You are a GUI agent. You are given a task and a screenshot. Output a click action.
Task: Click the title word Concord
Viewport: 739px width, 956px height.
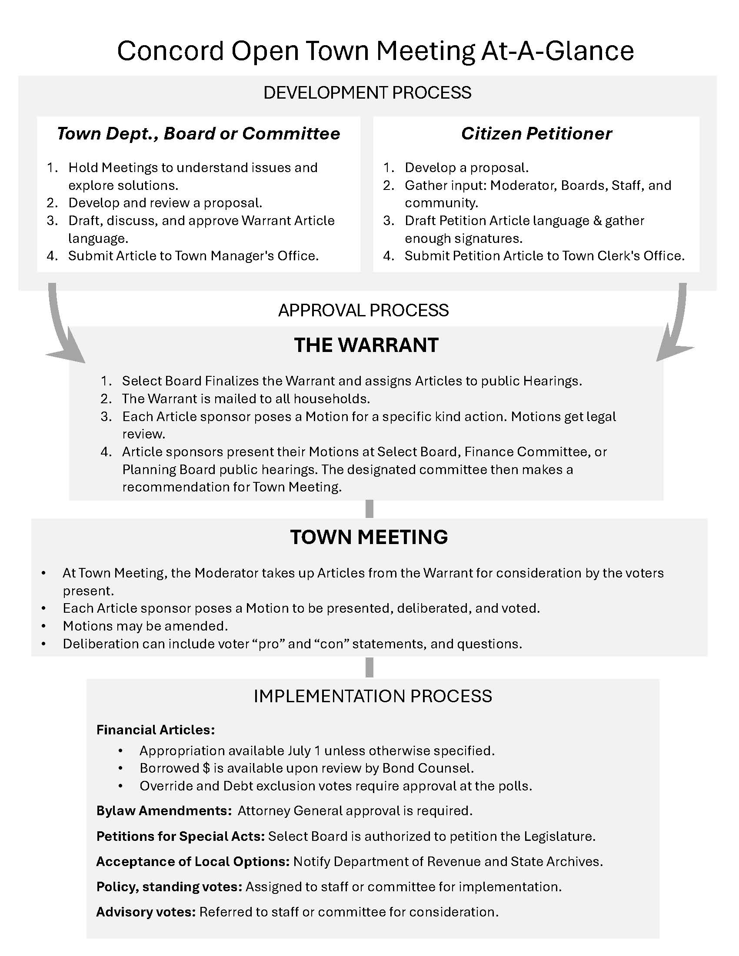point(170,51)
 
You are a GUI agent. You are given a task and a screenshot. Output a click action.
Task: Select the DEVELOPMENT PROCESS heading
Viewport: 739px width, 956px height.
point(367,93)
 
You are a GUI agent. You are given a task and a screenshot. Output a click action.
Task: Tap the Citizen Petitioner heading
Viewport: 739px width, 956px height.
point(536,133)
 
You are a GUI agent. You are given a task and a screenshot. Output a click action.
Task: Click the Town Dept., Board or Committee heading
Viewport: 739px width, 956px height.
point(198,133)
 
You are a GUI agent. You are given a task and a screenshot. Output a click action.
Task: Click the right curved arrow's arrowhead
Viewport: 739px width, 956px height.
point(672,350)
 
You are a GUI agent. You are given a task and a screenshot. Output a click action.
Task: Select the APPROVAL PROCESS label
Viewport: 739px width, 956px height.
point(363,310)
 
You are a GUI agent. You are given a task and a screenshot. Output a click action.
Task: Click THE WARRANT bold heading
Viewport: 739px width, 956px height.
point(366,345)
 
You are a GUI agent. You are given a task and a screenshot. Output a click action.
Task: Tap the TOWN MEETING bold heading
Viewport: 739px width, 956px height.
point(369,537)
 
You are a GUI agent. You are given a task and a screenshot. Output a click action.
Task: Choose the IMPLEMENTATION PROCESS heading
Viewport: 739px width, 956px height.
point(373,696)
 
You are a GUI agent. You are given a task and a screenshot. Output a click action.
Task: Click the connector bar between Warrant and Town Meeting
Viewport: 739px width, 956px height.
point(369,509)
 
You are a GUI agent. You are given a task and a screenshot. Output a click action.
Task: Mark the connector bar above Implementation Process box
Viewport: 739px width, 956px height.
point(369,667)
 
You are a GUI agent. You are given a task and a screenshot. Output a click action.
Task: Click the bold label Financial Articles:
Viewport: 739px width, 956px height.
point(156,730)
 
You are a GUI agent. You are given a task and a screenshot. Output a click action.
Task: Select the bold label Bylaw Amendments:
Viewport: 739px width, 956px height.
point(164,811)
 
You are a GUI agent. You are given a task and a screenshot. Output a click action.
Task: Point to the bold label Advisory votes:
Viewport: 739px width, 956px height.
point(146,912)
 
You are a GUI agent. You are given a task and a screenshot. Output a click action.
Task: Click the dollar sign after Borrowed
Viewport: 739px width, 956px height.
point(206,768)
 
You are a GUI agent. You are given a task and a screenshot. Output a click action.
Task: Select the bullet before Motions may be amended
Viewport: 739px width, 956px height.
point(43,626)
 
